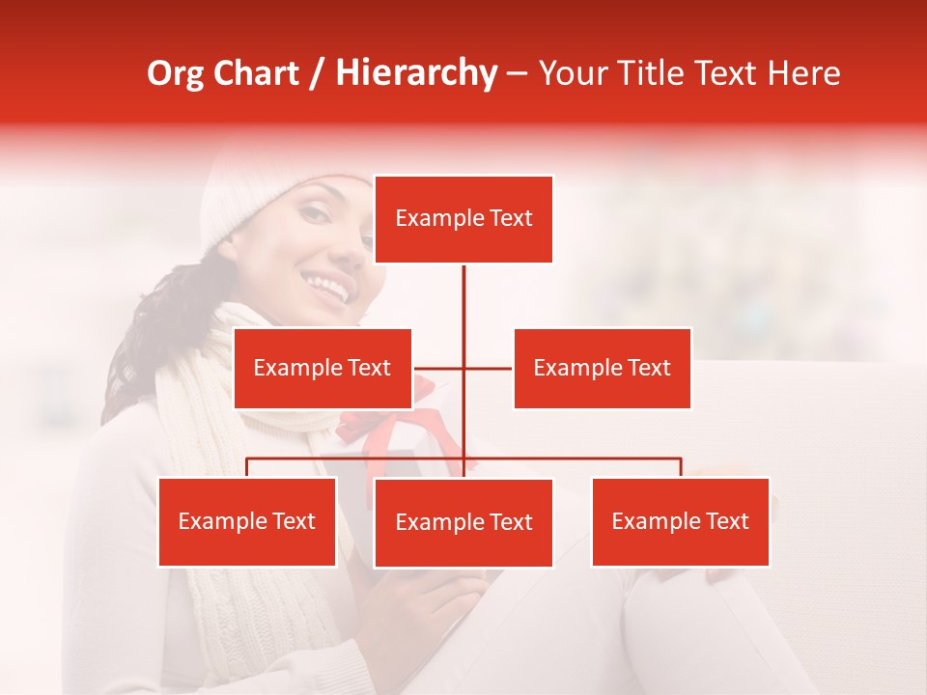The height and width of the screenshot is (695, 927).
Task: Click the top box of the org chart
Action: point(463,219)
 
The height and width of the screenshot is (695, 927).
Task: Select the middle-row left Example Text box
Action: point(323,368)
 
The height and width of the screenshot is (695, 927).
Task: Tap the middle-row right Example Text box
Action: point(602,368)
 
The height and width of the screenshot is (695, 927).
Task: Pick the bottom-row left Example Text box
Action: point(247,521)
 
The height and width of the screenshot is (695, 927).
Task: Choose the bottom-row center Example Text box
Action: point(463,522)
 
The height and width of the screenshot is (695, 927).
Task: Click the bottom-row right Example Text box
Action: point(680,521)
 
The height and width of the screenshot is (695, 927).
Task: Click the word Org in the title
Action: point(175,73)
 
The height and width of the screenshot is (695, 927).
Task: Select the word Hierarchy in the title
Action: point(415,73)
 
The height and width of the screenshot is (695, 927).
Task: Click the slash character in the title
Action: point(318,74)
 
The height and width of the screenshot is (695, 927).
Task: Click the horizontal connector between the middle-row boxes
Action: point(463,368)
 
